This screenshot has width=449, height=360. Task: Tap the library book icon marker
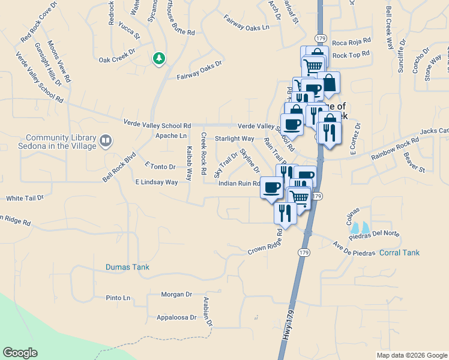pos(106,141)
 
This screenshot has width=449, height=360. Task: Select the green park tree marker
pos(158,58)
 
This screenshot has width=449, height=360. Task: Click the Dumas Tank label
pos(127,267)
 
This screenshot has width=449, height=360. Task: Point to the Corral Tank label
pos(399,253)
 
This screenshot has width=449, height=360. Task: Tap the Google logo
pos(20,353)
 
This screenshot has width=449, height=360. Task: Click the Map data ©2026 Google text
pos(412,355)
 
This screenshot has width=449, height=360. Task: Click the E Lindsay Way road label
pos(157,182)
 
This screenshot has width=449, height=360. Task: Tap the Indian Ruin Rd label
pos(239,184)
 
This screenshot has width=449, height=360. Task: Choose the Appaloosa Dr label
pos(176,317)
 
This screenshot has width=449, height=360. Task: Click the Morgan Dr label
pos(176,294)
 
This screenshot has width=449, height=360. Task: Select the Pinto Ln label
pos(118,298)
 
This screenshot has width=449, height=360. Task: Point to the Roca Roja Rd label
pos(351,43)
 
